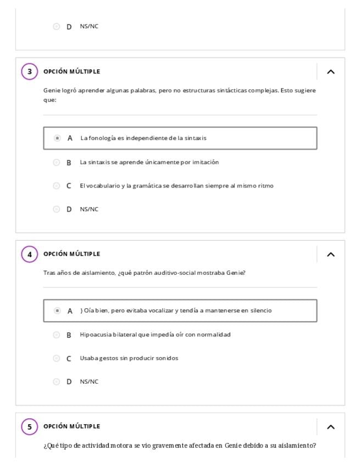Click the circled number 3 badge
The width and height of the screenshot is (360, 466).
pos(30,71)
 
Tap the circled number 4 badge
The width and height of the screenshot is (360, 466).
pos(30,254)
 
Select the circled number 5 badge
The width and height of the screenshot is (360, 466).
pos(30,426)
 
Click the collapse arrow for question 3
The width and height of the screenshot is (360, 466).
pos(330,71)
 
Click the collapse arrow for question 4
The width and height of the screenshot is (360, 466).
pos(330,254)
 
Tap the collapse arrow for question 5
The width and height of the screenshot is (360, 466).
pos(330,426)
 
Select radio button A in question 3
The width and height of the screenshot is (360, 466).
pos(57,138)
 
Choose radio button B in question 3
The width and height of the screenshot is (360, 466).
pos(56,162)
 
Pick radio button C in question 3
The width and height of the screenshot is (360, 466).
pos(56,186)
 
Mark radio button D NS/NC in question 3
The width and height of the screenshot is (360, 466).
pos(56,209)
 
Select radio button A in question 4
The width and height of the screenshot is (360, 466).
pos(57,310)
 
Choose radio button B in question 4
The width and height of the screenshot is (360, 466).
pos(56,335)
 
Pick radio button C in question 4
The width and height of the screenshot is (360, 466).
pos(56,358)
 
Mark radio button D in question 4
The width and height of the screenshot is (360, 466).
pos(56,381)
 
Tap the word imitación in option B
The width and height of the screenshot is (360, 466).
pos(205,162)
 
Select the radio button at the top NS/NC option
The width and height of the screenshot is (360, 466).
pos(56,26)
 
